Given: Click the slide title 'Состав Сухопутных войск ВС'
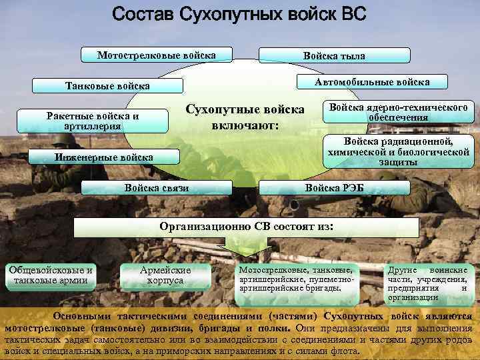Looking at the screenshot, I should (239, 15).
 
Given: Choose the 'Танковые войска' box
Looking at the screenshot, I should (107, 86).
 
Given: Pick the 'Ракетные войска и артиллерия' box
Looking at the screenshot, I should (93, 121).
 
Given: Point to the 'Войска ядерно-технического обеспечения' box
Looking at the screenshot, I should (398, 112).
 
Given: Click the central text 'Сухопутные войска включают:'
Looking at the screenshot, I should (245, 117).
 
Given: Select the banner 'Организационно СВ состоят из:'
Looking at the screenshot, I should (246, 227).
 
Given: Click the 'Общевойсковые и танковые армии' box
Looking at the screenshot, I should (49, 275).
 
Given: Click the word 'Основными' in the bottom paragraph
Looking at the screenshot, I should (78, 316).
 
